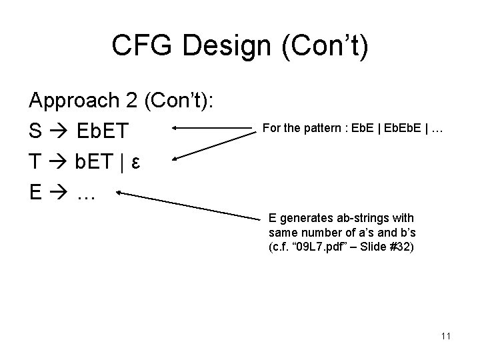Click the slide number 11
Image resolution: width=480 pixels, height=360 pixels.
pyautogui.click(x=445, y=336)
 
